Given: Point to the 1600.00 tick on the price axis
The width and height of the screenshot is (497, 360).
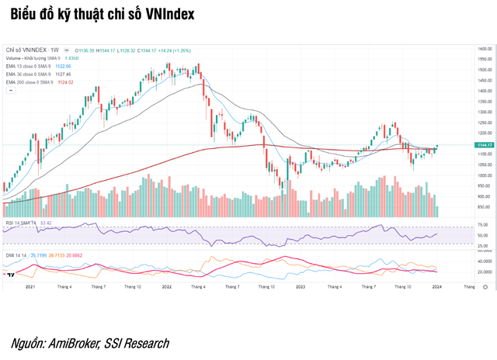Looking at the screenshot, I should tap(485, 48).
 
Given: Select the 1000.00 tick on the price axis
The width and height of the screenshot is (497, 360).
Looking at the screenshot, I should tap(485, 175).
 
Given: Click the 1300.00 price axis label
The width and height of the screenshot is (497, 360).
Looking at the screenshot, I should tap(485, 112).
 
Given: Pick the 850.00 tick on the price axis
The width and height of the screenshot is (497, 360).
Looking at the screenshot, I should tap(485, 206).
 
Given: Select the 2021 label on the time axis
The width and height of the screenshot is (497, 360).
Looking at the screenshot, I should tap(31, 286).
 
